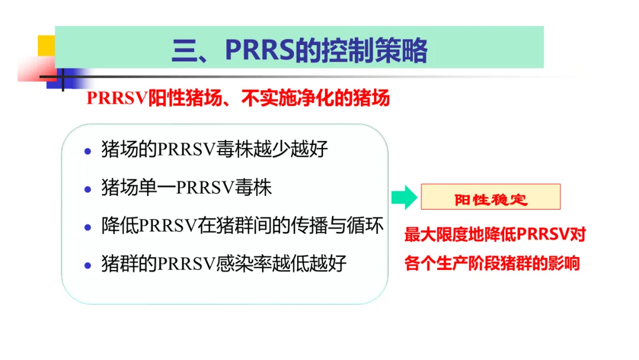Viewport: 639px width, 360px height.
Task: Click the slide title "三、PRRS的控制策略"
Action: (299, 50)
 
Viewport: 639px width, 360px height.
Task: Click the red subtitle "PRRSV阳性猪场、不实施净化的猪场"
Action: (238, 98)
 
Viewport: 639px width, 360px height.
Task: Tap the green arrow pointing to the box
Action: (404, 197)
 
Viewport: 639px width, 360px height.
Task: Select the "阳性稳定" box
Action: (490, 197)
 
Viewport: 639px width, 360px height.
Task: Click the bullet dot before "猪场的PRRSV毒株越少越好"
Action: (88, 152)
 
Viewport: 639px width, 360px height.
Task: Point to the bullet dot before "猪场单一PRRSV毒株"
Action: (88, 189)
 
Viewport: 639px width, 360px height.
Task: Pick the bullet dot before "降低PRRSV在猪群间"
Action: (88, 227)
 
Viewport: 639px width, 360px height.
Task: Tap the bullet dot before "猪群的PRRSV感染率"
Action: (88, 266)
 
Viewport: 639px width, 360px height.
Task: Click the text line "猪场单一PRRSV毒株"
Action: (186, 188)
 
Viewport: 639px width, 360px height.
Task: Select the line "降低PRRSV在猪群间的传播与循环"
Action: (243, 226)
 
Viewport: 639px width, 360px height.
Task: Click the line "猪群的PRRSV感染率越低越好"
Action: (224, 263)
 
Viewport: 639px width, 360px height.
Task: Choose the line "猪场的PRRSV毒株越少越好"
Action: (214, 149)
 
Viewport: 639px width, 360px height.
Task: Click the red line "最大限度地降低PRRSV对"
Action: (495, 234)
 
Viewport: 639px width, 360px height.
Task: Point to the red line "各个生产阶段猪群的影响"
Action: (492, 263)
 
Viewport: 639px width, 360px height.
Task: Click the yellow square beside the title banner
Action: (47, 46)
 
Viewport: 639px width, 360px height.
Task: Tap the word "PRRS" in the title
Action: (260, 50)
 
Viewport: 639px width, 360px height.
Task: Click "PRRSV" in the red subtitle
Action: (117, 98)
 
